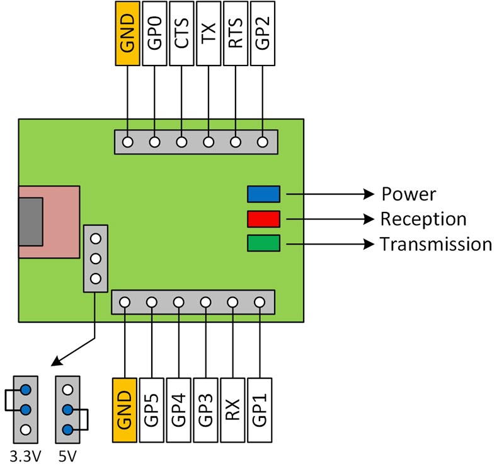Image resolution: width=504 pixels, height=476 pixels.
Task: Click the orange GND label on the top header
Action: tap(128, 33)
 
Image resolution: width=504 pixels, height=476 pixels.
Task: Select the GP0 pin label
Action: tap(156, 33)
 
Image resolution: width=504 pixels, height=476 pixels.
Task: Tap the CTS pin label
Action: tap(183, 33)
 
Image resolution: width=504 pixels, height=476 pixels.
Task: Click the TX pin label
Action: tap(209, 33)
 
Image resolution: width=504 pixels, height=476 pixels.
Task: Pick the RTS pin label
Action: tap(236, 33)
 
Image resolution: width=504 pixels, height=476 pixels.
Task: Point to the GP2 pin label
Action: tap(263, 33)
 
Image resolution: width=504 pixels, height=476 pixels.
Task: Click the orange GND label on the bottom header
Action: tap(125, 409)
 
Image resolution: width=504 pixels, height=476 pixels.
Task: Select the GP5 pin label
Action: tap(152, 409)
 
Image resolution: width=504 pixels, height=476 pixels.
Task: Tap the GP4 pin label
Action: tap(179, 409)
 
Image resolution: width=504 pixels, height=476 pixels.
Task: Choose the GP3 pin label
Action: tap(206, 409)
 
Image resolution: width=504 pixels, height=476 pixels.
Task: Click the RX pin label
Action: tap(233, 409)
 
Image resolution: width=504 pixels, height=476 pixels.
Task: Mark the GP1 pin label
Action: tap(260, 409)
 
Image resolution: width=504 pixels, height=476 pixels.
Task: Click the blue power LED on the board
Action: tap(263, 194)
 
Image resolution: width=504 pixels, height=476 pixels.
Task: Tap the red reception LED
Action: tap(263, 219)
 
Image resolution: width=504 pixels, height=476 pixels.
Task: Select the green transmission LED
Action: tap(263, 243)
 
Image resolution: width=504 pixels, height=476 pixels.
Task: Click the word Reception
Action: tap(423, 219)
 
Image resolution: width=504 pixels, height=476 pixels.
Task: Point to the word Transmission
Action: tap(435, 244)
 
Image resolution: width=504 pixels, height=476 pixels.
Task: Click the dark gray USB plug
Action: tap(30, 221)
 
